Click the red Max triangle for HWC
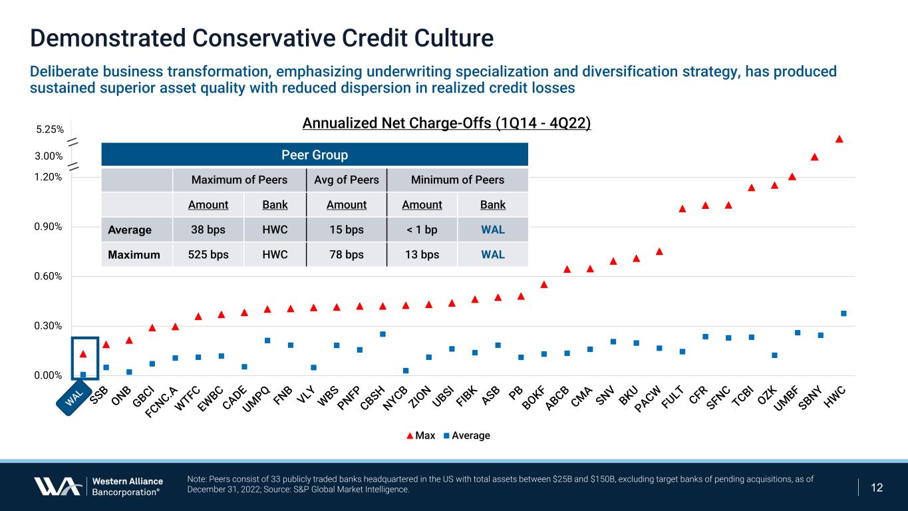click(839, 139)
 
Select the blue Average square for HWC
click(843, 313)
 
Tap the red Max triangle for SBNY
click(815, 157)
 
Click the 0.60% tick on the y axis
click(50, 276)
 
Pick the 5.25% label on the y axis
click(50, 130)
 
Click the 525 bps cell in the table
click(208, 254)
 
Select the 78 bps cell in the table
click(346, 254)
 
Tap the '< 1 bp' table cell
click(422, 230)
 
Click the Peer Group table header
click(314, 155)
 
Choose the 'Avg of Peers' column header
click(346, 180)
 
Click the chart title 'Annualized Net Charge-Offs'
click(446, 124)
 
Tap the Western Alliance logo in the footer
click(98, 486)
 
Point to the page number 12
click(877, 487)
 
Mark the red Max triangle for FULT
click(682, 209)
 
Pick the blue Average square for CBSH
click(382, 334)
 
